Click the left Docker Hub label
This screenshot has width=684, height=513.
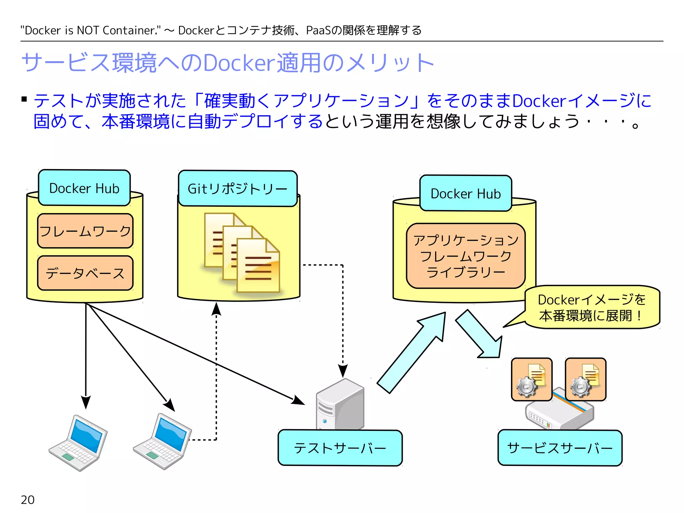pos(84,188)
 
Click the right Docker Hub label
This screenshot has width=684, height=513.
pos(466,193)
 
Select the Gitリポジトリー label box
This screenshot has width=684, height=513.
pos(237,189)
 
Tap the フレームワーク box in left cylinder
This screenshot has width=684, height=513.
pos(85,231)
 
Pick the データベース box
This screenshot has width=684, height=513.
pos(85,273)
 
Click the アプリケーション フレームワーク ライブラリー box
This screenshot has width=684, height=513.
pos(466,256)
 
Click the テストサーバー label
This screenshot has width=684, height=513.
pos(340,448)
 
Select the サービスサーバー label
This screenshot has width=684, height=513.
pos(560,448)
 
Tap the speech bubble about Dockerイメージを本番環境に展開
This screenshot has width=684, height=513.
pos(592,307)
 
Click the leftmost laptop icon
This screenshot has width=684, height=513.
pos(78,443)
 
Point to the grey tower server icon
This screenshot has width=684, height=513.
pos(340,404)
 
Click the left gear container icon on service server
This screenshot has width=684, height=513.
pos(531,379)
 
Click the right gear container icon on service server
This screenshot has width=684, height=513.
pos(585,379)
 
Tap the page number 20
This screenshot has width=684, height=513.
pos(28,500)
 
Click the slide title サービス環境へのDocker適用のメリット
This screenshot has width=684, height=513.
pos(227,63)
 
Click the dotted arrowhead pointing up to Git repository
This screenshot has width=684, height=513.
pos(216,309)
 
